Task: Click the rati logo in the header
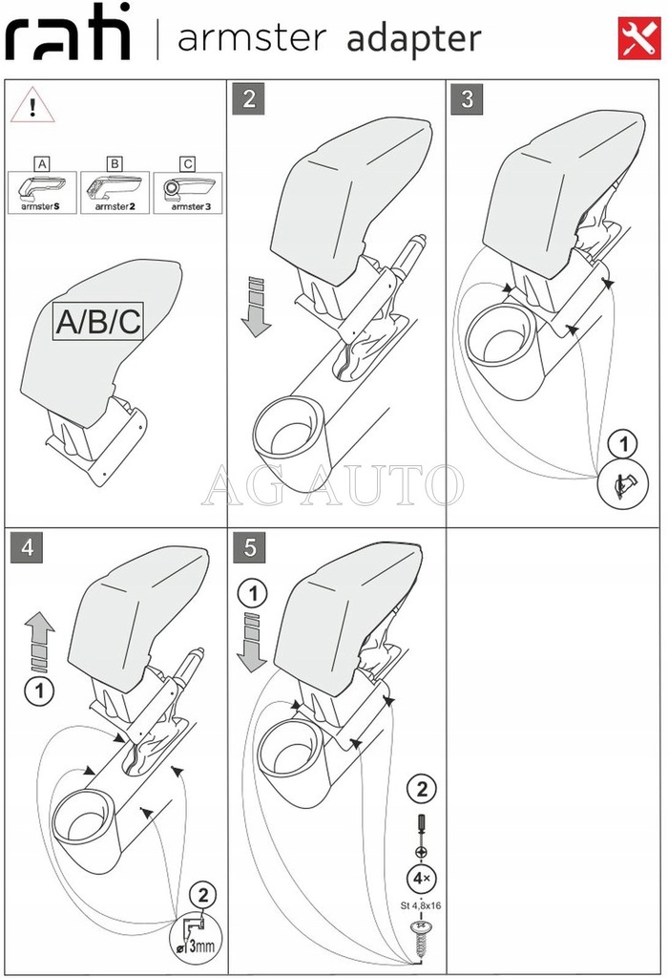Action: coord(68,36)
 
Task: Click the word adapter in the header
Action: coord(413,39)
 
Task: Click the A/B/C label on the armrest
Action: coord(97,323)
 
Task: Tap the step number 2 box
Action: coord(249,99)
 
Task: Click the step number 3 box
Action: coord(467,99)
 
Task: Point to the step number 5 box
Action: coord(249,548)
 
